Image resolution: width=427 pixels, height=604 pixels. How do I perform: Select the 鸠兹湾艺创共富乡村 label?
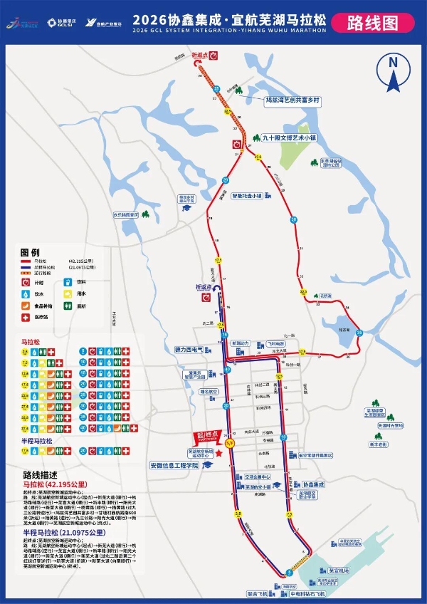click(x=292, y=101)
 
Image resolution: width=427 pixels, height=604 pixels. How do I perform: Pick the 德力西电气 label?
click(x=189, y=350)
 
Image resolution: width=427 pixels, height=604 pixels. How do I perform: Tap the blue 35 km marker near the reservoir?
click(x=359, y=333)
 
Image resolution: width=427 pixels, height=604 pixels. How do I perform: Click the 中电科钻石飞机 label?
click(x=307, y=593)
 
